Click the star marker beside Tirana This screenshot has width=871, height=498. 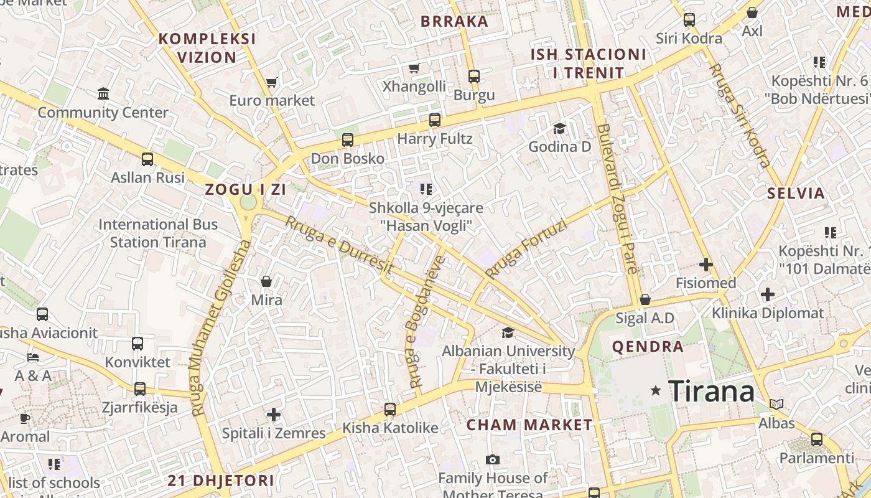pyautogui.click(x=656, y=391)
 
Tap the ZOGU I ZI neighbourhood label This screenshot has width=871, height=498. pyautogui.click(x=246, y=190)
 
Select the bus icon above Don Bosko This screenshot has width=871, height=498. pyautogui.click(x=348, y=140)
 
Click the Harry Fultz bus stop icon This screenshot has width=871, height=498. pyautogui.click(x=435, y=120)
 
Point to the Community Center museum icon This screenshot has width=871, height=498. pyautogui.click(x=103, y=94)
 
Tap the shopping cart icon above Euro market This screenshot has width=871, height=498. pyautogui.click(x=272, y=82)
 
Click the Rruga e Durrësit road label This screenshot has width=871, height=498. pyautogui.click(x=340, y=246)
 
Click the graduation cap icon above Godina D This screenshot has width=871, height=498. pyautogui.click(x=559, y=129)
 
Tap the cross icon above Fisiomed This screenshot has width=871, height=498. pyautogui.click(x=706, y=265)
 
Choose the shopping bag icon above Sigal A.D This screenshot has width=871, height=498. pyautogui.click(x=645, y=299)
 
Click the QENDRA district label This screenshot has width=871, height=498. pyautogui.click(x=648, y=347)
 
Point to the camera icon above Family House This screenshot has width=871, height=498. pyautogui.click(x=493, y=460)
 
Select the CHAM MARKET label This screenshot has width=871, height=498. pyautogui.click(x=529, y=425)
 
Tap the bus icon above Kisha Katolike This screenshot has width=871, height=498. pyautogui.click(x=390, y=410)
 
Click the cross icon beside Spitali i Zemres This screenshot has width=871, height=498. pyautogui.click(x=274, y=415)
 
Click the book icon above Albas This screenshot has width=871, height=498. pyautogui.click(x=776, y=404)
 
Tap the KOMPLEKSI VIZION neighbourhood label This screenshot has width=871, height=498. pyautogui.click(x=207, y=48)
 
